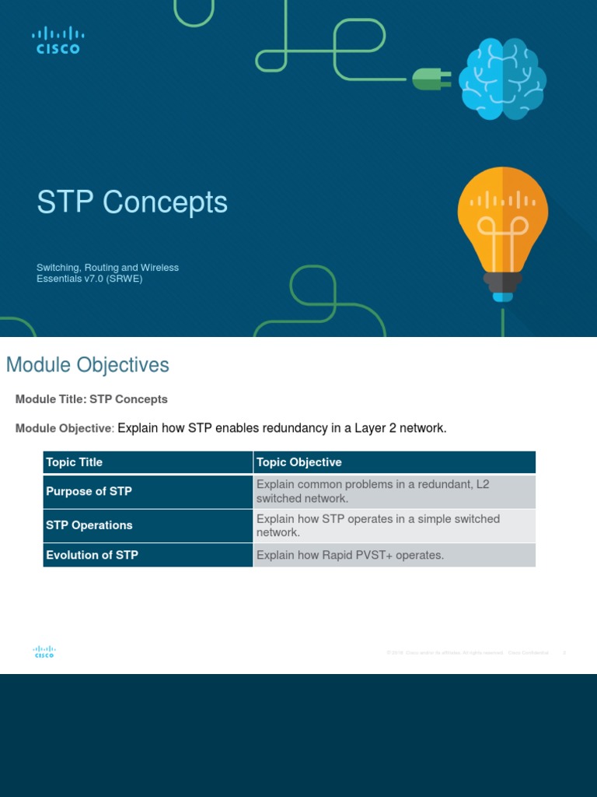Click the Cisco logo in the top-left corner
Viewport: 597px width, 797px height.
[x=58, y=40]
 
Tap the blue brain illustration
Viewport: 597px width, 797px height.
[x=501, y=79]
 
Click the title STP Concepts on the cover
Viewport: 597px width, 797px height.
[x=132, y=202]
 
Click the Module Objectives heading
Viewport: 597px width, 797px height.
[x=87, y=364]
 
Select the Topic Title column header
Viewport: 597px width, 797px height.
[x=74, y=462]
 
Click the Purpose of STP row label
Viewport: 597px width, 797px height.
[x=89, y=491]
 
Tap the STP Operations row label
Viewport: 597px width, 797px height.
[x=89, y=525]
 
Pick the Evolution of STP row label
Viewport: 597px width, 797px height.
[x=92, y=555]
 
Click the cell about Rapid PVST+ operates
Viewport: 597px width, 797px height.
[x=350, y=555]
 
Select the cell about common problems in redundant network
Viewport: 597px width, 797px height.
[x=373, y=491]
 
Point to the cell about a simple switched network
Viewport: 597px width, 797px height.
[x=378, y=525]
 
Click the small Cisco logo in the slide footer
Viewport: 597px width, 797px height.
[x=44, y=652]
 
